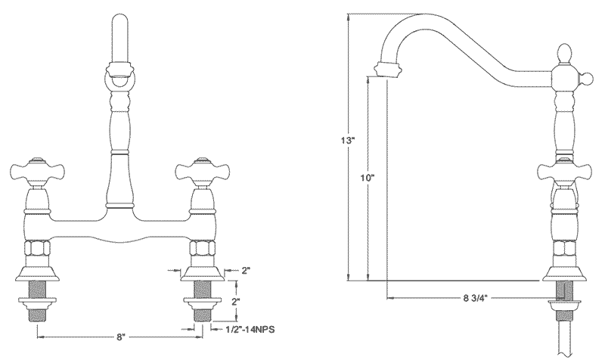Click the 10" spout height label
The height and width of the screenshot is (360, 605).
[x=368, y=178]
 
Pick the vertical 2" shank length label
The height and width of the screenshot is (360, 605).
[x=236, y=302]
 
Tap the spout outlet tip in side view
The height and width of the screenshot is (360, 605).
[x=386, y=70]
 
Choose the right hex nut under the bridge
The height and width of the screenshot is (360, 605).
[x=200, y=250]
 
